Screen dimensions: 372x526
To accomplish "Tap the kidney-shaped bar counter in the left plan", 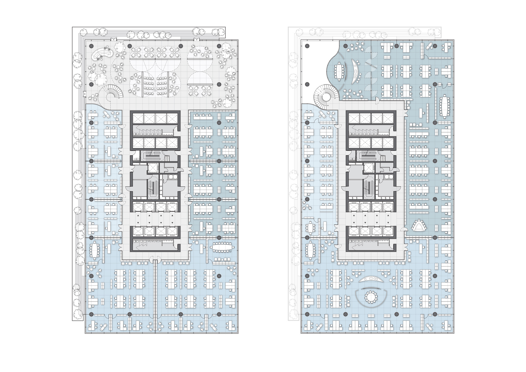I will pyautogui.click(x=102, y=54).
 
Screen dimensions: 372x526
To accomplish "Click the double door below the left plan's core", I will pyautogui.click(x=155, y=260).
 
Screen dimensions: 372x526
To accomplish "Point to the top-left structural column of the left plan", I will pyautogui.click(x=91, y=46).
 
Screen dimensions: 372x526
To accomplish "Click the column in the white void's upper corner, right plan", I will pyautogui.click(x=307, y=46).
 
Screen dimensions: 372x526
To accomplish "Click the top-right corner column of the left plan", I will pyautogui.click(x=219, y=46).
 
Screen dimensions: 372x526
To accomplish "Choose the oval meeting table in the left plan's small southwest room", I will pyautogui.click(x=94, y=250).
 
